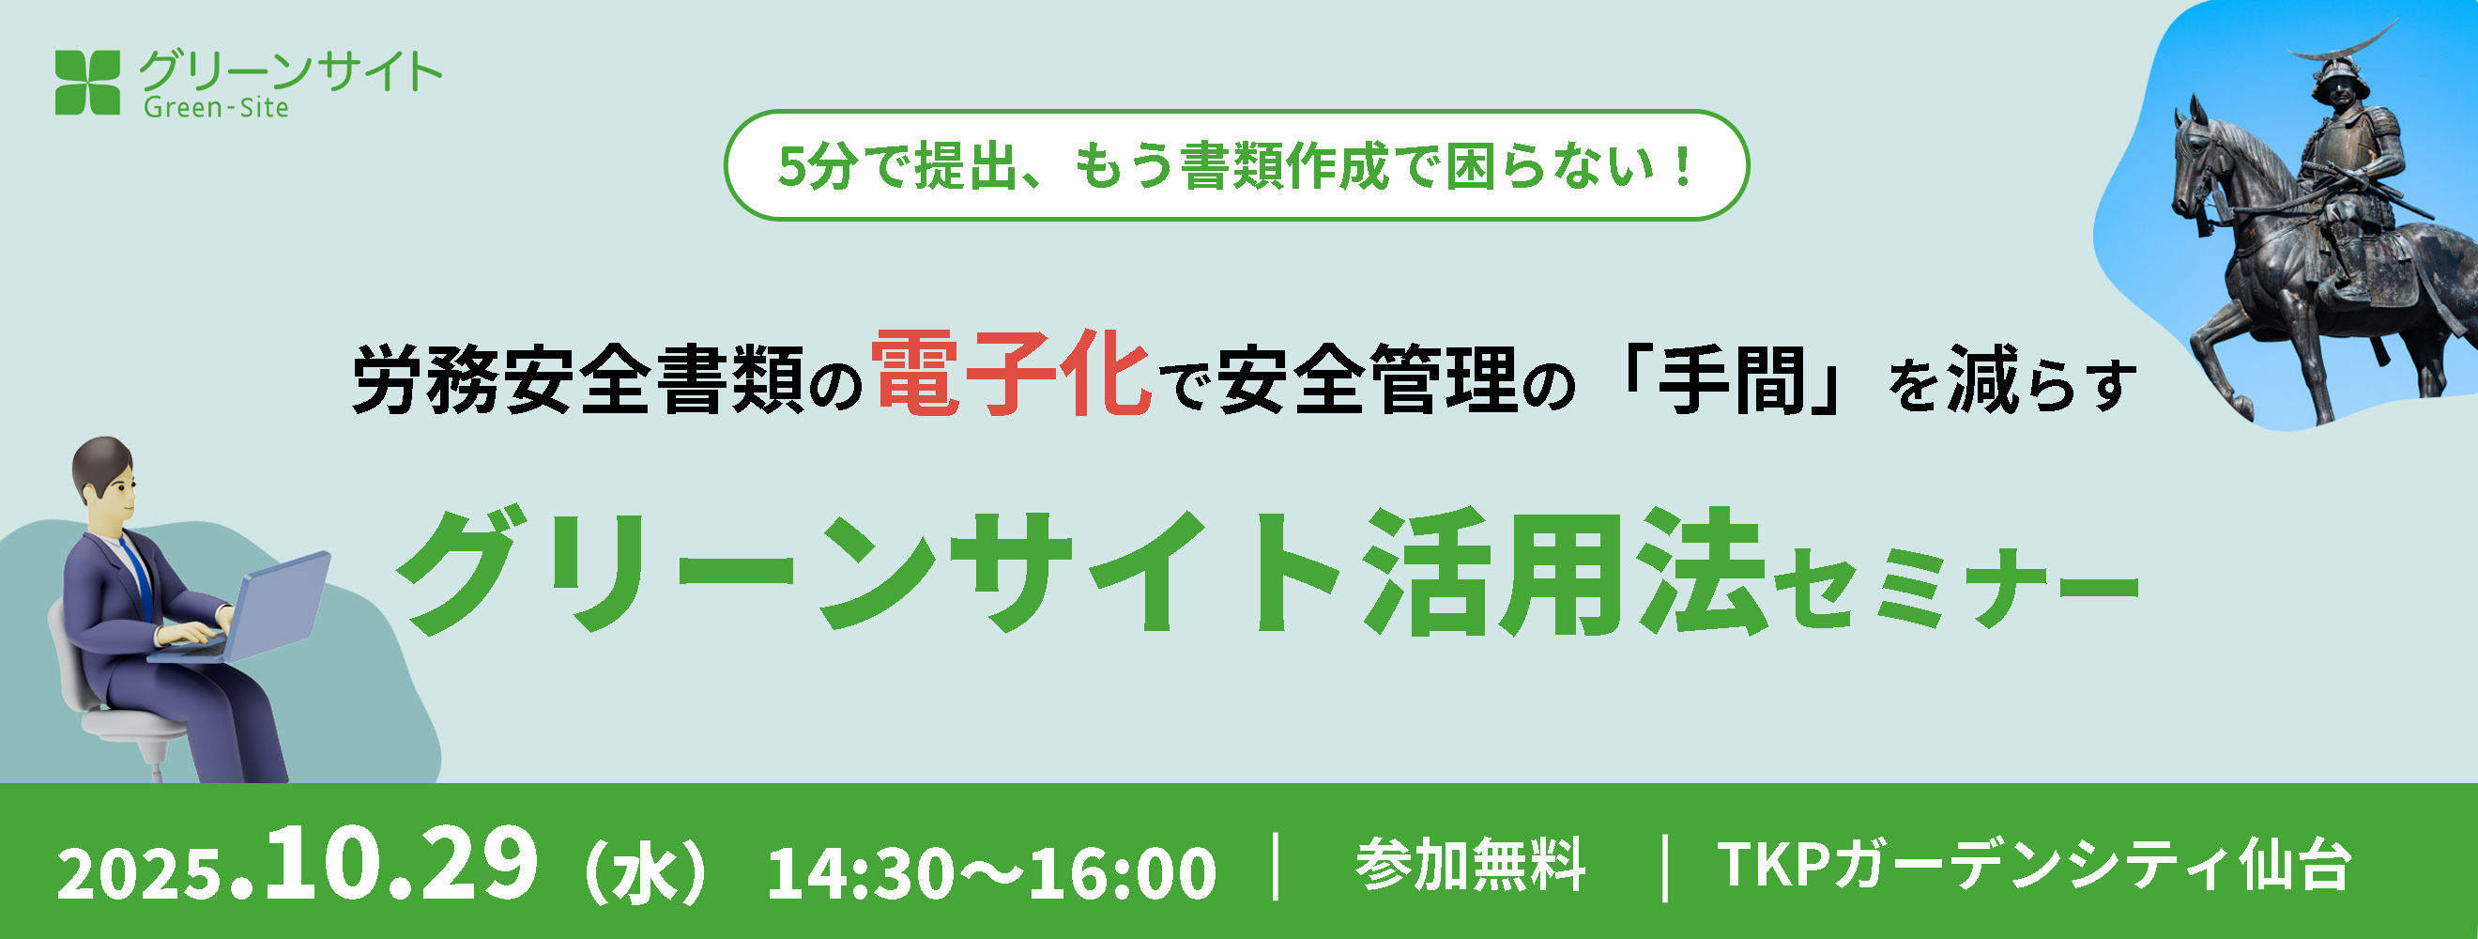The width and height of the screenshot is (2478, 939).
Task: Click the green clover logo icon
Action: point(87,83)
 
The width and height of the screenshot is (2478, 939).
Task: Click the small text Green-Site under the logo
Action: point(217,108)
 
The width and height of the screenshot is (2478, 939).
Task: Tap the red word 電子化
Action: point(1012,375)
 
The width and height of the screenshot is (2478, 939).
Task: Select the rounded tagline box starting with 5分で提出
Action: point(1236,165)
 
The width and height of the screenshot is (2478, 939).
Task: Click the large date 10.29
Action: point(402,865)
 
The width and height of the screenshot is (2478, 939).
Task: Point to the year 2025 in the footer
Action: point(140,874)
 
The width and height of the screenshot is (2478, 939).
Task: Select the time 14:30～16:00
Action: point(992,873)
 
